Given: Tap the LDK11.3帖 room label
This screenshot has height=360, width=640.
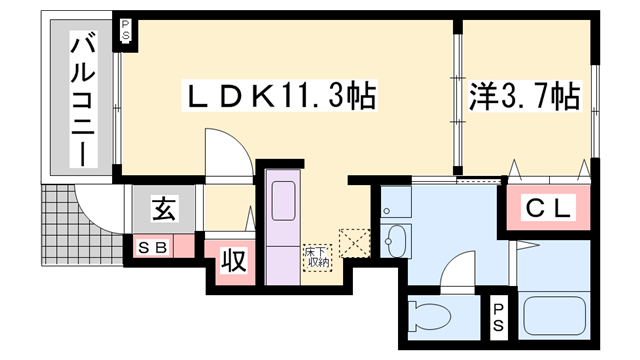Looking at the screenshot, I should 279,97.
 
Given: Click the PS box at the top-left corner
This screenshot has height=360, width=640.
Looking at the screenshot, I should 127,30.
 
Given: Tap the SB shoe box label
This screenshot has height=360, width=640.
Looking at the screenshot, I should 153,246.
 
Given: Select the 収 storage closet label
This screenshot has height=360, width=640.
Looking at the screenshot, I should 232,262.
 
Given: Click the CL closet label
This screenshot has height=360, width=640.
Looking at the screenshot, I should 549,209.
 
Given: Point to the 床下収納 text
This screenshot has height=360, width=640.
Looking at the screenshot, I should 317,256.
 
